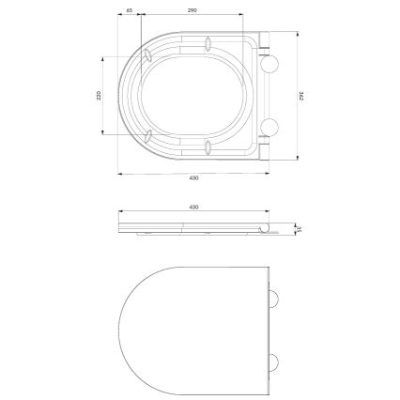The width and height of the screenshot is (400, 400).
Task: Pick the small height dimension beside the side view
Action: tap(299, 228)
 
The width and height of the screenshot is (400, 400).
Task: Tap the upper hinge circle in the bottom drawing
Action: tap(275, 300)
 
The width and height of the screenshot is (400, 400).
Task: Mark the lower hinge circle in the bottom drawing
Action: tap(275, 363)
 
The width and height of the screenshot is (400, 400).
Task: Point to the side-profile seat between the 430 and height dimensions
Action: tap(192, 226)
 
